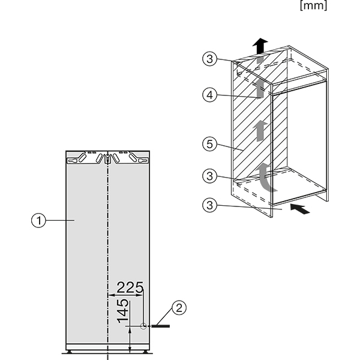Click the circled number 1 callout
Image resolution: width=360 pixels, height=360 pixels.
(39, 221)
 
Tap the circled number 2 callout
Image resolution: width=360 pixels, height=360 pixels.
(178, 309)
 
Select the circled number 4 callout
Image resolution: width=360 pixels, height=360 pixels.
(209, 95)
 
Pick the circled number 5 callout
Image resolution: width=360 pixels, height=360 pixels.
(209, 145)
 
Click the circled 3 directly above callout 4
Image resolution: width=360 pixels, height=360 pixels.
(209, 58)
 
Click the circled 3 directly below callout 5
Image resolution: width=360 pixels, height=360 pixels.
(209, 176)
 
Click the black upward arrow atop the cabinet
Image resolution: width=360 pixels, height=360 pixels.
(260, 45)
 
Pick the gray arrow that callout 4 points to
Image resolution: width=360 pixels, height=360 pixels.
(259, 89)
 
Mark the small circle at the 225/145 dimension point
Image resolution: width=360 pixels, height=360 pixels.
(143, 326)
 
